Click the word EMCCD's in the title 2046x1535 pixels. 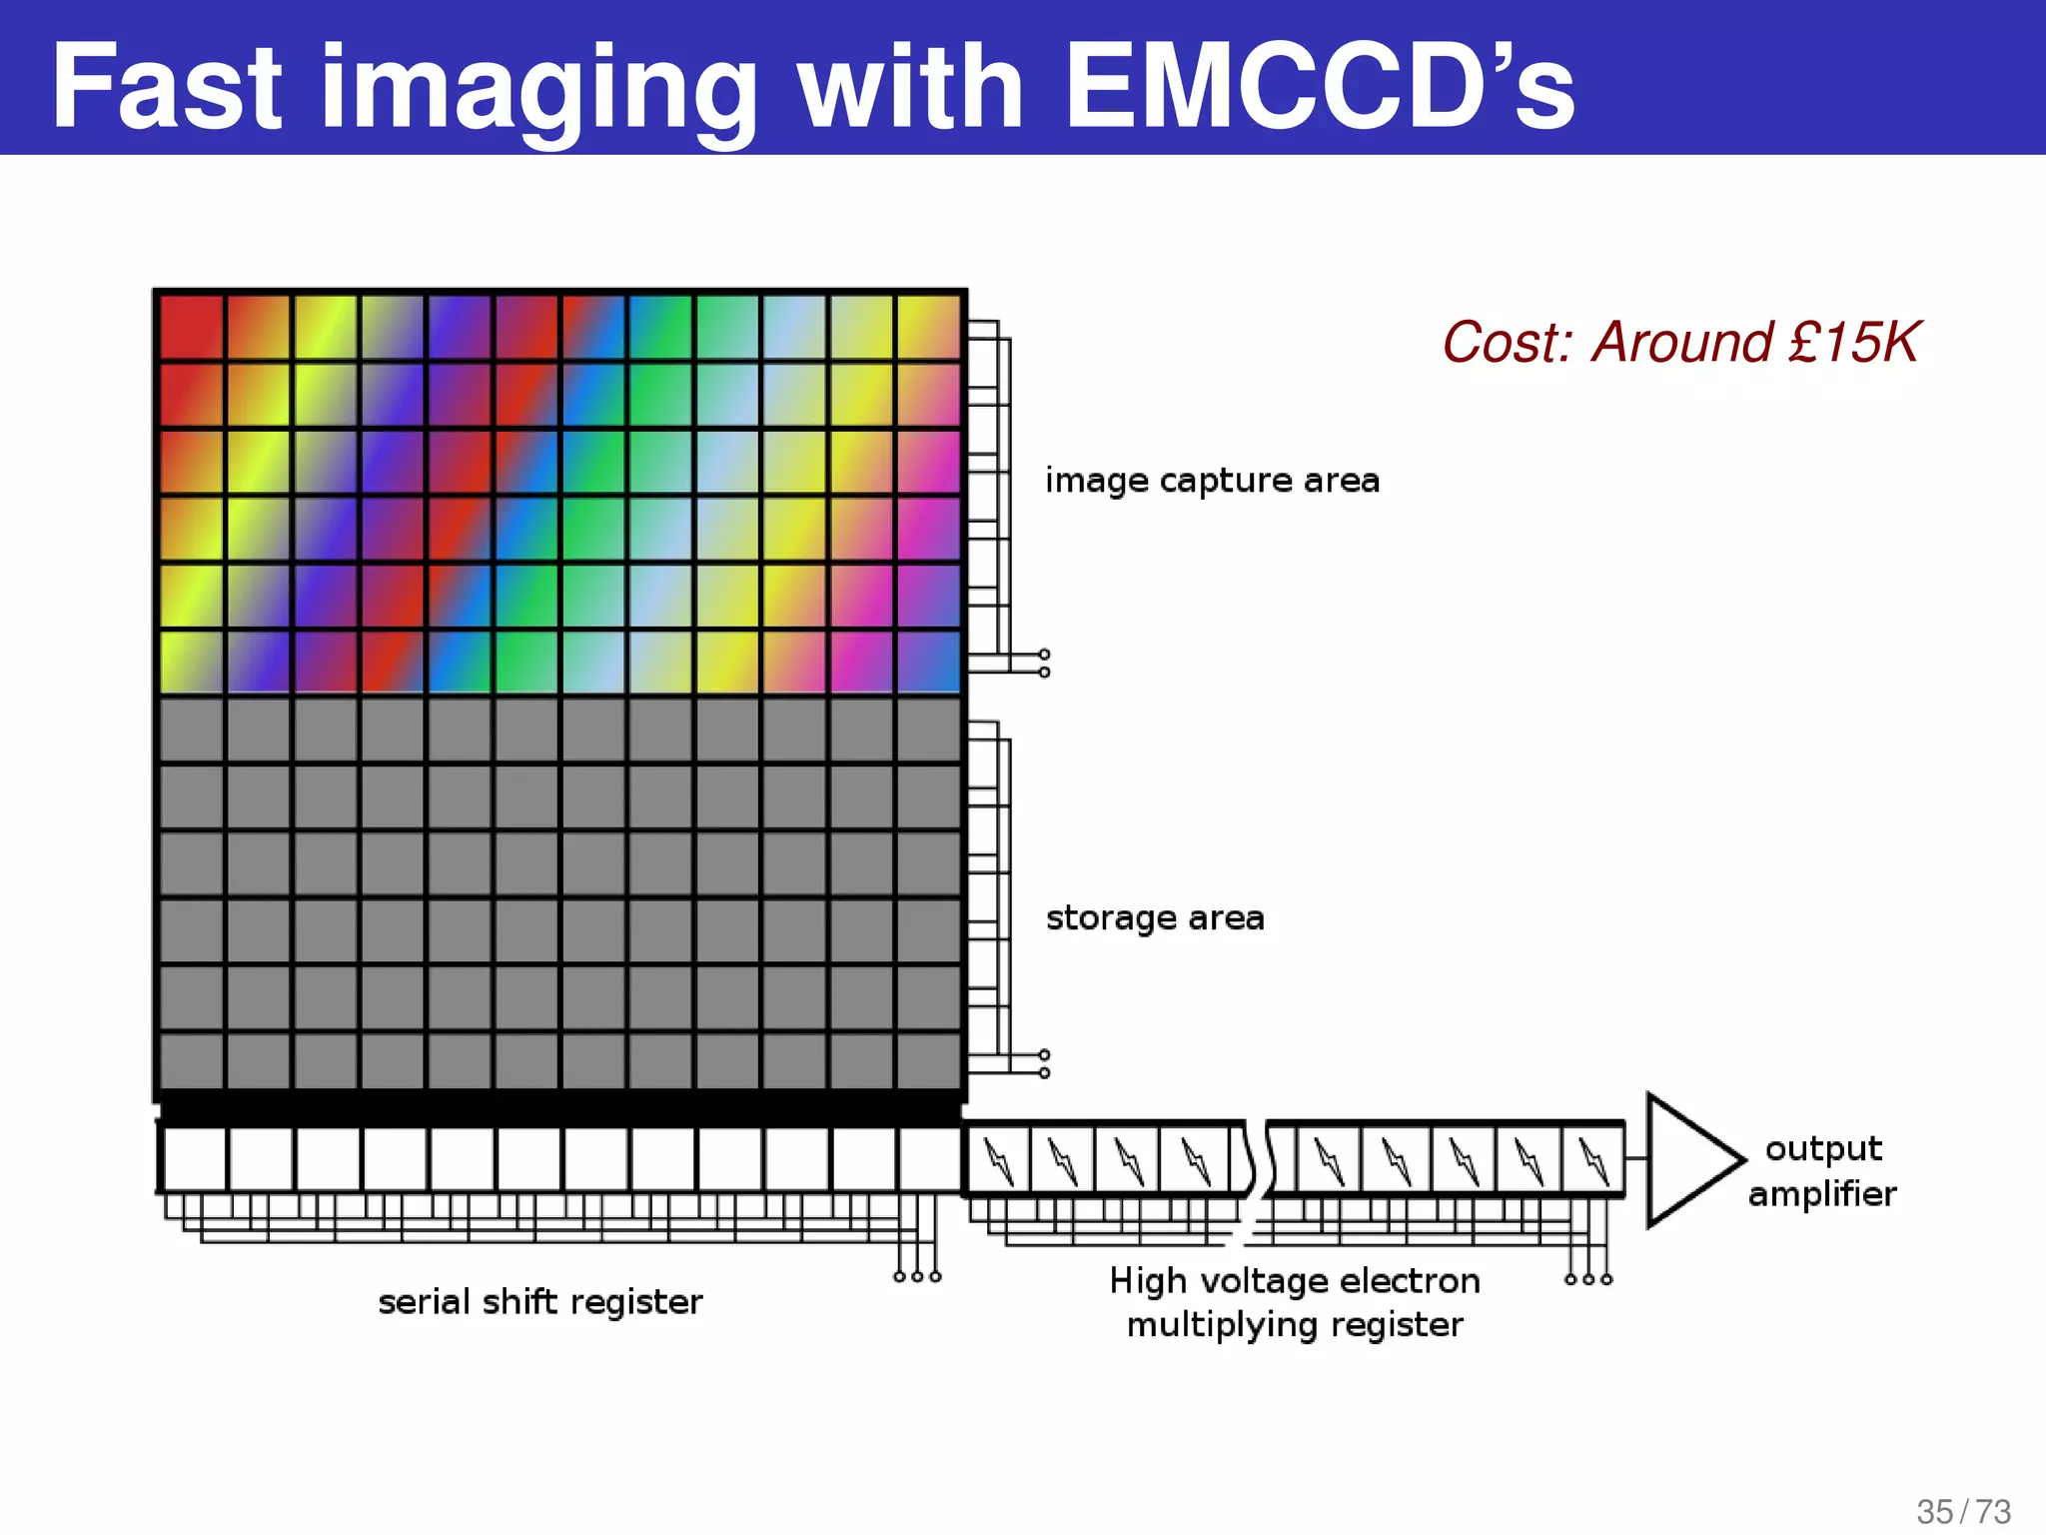click(1319, 88)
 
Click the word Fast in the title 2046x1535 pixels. click(168, 88)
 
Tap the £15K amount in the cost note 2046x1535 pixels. click(1853, 343)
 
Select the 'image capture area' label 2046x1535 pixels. click(1212, 481)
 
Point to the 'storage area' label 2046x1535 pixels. click(1155, 917)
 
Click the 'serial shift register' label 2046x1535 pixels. click(540, 1302)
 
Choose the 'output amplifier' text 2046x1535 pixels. click(1822, 1170)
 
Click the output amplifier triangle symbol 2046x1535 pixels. click(1688, 1160)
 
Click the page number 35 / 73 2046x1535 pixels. click(1963, 1511)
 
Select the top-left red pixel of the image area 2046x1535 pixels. click(191, 327)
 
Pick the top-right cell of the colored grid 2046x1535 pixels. click(928, 327)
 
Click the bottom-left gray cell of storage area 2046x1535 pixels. click(191, 1060)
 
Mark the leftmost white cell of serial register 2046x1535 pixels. click(194, 1159)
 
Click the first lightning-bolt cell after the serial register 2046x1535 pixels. click(998, 1160)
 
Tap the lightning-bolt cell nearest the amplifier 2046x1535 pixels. click(1591, 1160)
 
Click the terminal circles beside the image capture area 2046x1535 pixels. click(1044, 663)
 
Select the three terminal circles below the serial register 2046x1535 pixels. click(917, 1276)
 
